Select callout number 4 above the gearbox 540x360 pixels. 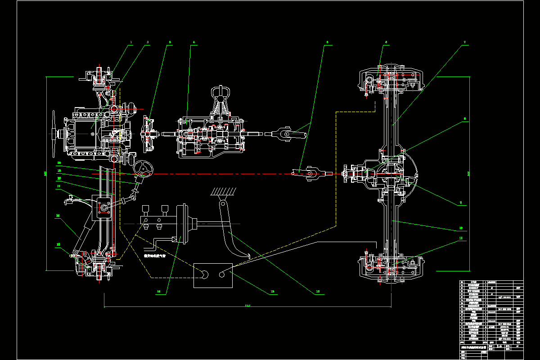[x=193, y=42]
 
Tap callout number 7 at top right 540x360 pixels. [x=464, y=42]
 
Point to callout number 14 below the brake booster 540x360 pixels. [x=158, y=291]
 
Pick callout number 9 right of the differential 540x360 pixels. [x=460, y=203]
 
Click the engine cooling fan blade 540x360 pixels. [x=54, y=133]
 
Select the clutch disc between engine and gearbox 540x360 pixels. [x=146, y=134]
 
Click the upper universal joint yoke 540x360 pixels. [x=285, y=134]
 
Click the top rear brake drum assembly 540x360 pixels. [x=391, y=81]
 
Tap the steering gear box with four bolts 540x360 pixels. [x=103, y=207]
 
